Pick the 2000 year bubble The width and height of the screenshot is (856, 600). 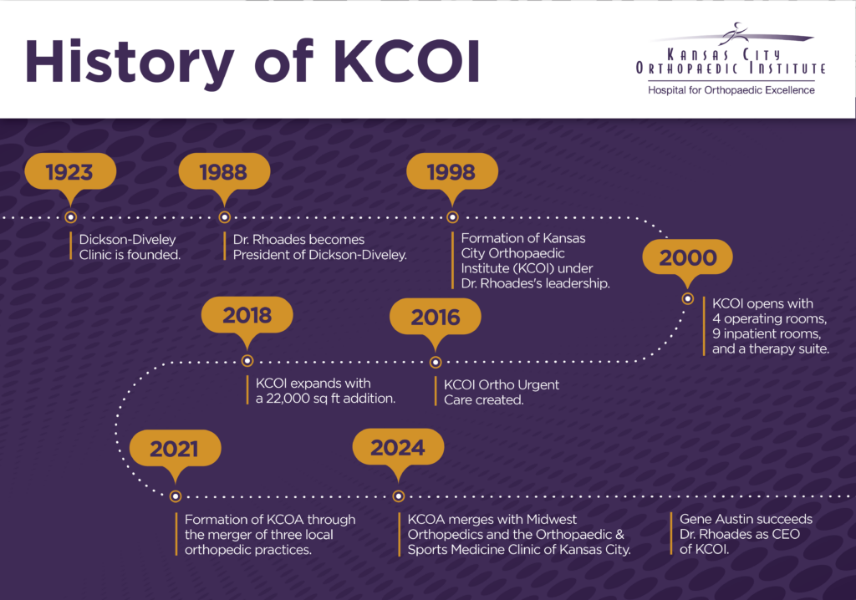pos(687,258)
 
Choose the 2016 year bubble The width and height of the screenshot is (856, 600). pos(435,318)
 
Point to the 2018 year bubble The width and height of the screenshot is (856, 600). pos(247,316)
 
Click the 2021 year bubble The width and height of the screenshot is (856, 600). pos(176,450)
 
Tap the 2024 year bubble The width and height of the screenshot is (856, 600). pos(398,449)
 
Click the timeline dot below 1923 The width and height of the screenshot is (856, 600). pos(70,217)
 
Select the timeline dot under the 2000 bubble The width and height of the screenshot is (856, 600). pos(688,298)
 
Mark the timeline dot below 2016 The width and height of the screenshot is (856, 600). pos(435,362)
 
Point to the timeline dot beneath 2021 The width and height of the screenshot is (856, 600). pos(176,496)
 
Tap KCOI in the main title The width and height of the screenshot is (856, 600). pos(407,61)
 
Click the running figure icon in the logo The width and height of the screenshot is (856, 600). pos(732,34)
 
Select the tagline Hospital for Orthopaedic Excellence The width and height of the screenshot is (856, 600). pos(731,90)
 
